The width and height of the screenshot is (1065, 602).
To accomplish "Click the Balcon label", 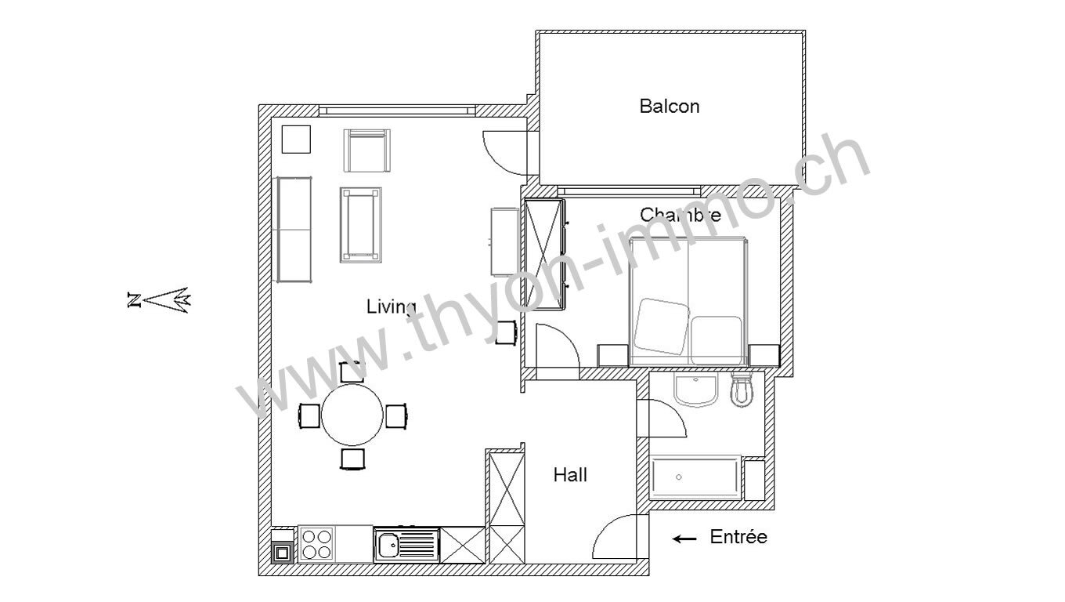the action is click(669, 106).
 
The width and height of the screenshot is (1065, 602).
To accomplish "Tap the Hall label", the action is click(570, 474).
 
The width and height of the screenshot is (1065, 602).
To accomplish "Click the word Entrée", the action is click(738, 537).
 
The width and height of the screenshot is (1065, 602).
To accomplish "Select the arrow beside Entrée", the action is click(684, 539).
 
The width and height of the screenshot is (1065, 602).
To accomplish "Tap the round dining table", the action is click(352, 415).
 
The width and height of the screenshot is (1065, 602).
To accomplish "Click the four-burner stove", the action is click(317, 544).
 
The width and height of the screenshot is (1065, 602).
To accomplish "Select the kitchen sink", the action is click(407, 545).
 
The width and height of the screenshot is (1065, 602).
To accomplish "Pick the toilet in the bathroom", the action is click(742, 388).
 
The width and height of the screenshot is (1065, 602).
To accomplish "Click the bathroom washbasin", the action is click(695, 390).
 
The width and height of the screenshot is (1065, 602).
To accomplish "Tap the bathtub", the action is click(695, 477).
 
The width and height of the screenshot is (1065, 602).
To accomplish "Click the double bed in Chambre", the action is click(688, 301).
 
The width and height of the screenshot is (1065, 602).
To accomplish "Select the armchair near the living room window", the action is click(367, 150).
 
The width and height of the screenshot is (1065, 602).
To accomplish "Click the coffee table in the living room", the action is click(361, 225).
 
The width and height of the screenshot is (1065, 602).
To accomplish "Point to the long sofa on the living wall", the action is click(294, 230).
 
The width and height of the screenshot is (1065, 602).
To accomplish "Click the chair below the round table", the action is click(352, 459).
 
